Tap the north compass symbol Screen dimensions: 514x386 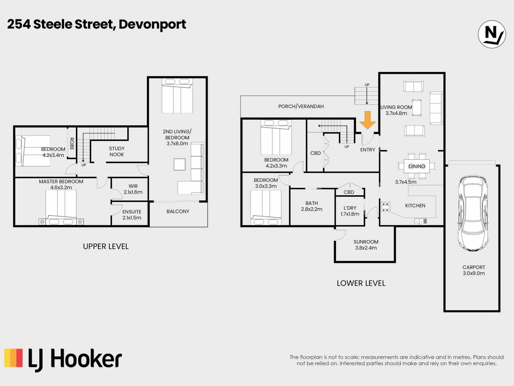(492, 34)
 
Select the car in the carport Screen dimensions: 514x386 (473, 213)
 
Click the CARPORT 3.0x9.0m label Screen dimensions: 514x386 (474, 270)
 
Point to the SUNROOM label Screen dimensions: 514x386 (366, 242)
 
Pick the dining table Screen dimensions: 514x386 (417, 166)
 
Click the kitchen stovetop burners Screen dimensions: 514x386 (385, 207)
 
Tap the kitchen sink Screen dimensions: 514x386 (421, 221)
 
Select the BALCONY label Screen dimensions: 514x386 (178, 211)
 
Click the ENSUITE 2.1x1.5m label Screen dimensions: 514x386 (132, 215)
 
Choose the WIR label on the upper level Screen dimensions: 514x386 (133, 186)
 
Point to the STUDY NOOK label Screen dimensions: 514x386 (116, 151)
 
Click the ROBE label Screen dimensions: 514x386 (72, 144)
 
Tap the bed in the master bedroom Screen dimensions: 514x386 (61, 207)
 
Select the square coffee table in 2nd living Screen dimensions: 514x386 (179, 164)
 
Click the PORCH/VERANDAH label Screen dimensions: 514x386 (301, 106)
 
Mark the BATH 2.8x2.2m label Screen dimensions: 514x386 (312, 206)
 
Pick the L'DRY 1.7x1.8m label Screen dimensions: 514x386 (350, 211)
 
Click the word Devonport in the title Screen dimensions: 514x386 (152, 25)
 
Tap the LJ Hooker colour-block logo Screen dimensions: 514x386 (14, 358)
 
